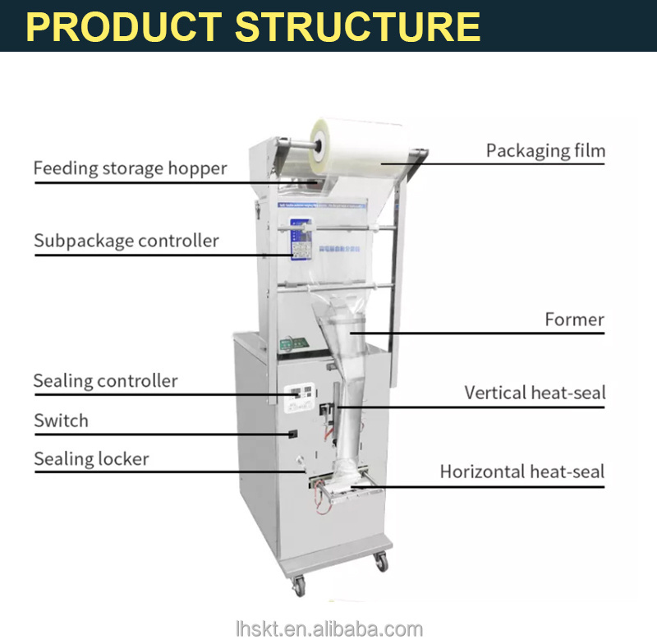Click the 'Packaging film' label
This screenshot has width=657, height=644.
(x=545, y=151)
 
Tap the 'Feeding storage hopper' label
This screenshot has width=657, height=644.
(x=130, y=169)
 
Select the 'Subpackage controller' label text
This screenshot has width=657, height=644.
(x=126, y=241)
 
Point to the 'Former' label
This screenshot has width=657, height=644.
(x=574, y=320)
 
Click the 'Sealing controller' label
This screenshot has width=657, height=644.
(x=105, y=381)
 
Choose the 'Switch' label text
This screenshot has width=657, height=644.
(x=61, y=421)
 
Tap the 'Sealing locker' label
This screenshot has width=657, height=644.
(x=91, y=458)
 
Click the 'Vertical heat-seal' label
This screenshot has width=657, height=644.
(x=535, y=393)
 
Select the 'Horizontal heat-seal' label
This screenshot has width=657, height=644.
(x=522, y=471)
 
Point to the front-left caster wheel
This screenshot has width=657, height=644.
(x=299, y=586)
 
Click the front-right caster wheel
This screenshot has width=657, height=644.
(x=381, y=562)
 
